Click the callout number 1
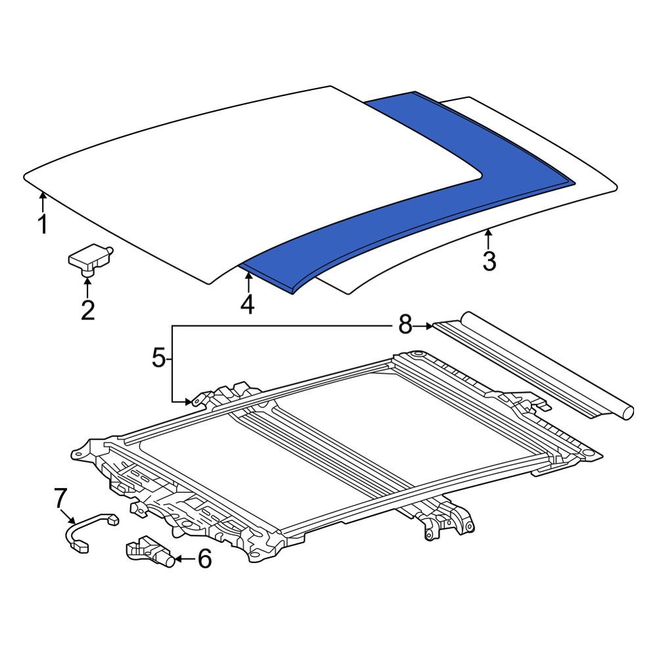[42, 224]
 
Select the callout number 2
[87, 310]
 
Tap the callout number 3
[489, 261]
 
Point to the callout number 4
[248, 304]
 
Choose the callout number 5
[159, 359]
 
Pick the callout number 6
[204, 558]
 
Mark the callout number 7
[60, 498]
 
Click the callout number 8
[405, 325]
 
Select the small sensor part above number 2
[91, 260]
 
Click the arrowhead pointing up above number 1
[42, 194]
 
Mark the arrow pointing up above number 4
[248, 283]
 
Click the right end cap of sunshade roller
[627, 412]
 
